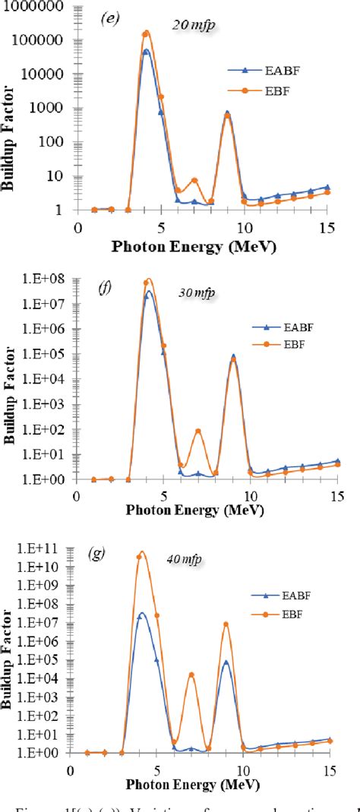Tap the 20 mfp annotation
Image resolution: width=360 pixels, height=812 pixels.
200,26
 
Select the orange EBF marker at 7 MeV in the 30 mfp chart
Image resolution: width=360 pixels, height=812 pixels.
198,431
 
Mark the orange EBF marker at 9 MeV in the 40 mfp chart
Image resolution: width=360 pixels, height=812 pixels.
226,624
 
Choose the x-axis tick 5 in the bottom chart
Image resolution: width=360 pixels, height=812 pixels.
156,769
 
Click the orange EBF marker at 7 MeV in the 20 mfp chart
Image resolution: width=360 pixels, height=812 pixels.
194,181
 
